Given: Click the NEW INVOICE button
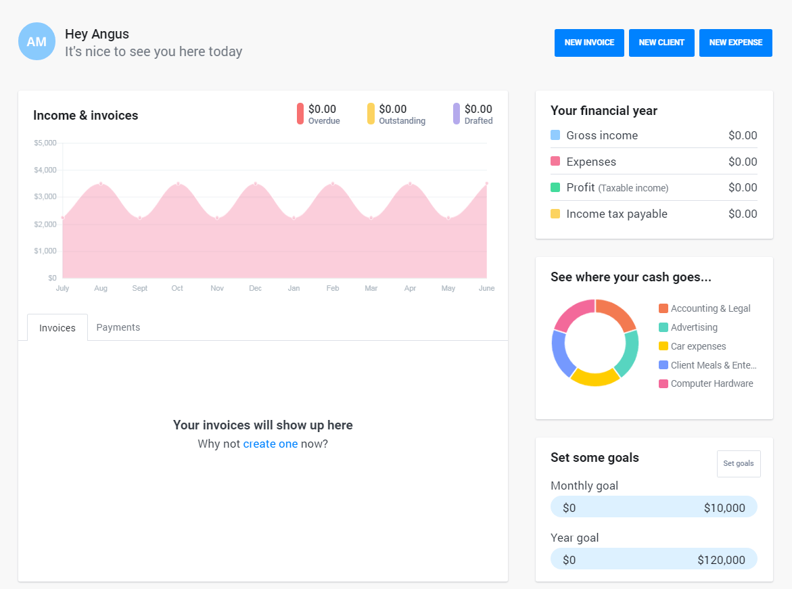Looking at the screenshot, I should point(589,43).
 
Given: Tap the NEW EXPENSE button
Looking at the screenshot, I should point(735,43).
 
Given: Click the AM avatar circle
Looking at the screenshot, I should point(37,41).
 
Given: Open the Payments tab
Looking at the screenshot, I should point(118,327).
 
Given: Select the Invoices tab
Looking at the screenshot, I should point(57,328).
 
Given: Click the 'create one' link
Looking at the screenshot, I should point(270,444).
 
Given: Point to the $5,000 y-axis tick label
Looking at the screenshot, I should point(45,143).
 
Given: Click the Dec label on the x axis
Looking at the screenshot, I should point(255,288).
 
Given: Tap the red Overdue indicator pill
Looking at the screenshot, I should point(300,114).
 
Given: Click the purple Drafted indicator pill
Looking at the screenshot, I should point(457,114).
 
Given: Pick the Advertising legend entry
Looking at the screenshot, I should point(694,327).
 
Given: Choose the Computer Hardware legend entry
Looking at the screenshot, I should point(712,383).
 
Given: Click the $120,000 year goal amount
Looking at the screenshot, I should point(721,560).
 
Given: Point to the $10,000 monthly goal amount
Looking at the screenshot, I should point(724,508).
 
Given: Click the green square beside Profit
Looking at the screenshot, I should point(555,187).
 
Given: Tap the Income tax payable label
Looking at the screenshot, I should point(617,214).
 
